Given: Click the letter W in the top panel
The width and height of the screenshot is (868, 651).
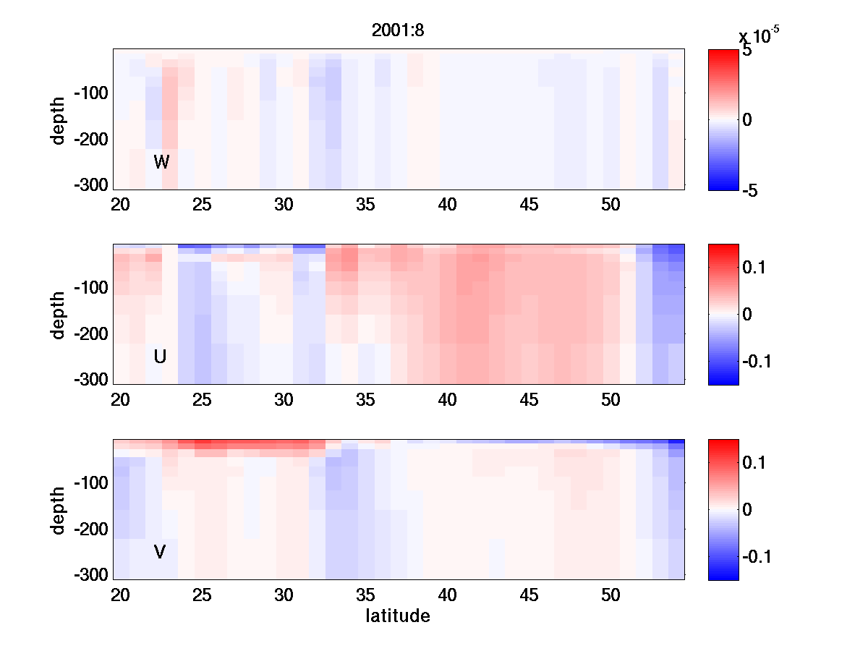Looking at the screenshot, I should point(161,162).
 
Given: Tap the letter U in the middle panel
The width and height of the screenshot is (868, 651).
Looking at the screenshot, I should point(161,357).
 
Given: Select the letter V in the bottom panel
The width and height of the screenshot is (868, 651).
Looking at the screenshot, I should point(160,552).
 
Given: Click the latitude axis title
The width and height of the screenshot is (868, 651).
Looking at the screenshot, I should point(398,616).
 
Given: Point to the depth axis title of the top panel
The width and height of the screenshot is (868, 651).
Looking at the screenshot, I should point(59,119).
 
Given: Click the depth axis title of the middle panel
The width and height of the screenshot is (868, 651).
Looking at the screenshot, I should point(59,315).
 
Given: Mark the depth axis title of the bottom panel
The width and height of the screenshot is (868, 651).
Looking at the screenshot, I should point(59,510).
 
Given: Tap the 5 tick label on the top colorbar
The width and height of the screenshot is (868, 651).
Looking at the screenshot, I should point(746,51).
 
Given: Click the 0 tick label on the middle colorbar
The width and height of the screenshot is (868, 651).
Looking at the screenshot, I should point(746,315).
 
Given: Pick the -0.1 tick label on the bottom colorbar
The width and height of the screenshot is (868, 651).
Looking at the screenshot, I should point(757,556).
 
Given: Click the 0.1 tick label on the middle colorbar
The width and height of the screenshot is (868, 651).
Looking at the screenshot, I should point(754,268).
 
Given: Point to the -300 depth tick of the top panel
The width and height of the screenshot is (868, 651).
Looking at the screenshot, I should point(90,185).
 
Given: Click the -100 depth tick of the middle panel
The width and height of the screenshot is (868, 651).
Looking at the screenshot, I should point(90,289).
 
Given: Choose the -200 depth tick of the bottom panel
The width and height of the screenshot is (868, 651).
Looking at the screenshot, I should point(90,530).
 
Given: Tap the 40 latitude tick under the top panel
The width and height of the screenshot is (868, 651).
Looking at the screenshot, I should point(448,205).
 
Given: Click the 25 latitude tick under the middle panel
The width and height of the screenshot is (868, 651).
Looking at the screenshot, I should point(202,400).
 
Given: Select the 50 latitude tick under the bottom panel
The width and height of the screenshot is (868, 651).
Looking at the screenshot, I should point(611,595).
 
